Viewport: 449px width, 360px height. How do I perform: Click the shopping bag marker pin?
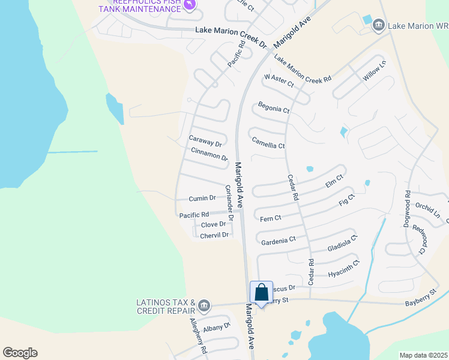click(x=262, y=293)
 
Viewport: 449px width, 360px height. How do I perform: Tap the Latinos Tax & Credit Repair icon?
click(x=204, y=306)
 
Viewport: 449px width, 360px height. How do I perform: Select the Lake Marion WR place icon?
click(x=379, y=25)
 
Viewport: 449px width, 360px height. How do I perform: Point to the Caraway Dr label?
click(x=206, y=141)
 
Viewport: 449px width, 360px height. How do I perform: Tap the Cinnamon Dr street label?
click(x=209, y=154)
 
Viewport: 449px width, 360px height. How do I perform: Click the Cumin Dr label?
click(x=202, y=198)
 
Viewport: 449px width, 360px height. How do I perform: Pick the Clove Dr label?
click(x=214, y=224)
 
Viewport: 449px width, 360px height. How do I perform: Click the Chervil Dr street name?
click(x=215, y=235)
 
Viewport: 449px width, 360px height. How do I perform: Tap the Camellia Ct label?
click(x=268, y=142)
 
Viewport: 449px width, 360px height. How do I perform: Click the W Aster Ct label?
click(x=279, y=80)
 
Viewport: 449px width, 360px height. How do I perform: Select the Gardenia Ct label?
click(x=279, y=240)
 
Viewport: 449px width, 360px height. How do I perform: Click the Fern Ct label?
click(x=271, y=218)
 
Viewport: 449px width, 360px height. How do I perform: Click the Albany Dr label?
click(x=217, y=327)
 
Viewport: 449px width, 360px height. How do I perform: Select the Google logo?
click(x=20, y=353)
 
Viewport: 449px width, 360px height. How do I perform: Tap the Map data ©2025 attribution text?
click(x=423, y=355)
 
